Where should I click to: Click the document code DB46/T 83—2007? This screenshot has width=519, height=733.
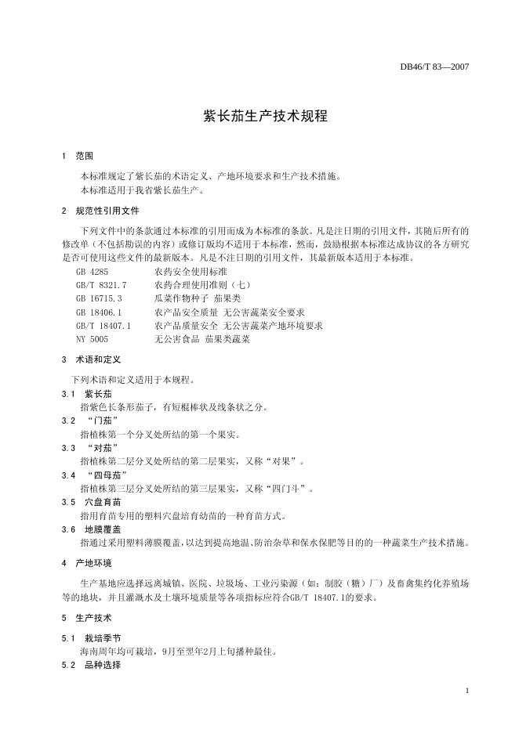click(x=434, y=67)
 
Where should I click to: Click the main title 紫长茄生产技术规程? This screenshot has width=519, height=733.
click(x=259, y=116)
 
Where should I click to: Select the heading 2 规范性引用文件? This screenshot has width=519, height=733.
click(x=100, y=211)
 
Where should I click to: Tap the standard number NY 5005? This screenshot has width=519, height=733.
click(x=93, y=339)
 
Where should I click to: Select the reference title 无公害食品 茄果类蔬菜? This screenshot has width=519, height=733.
click(x=202, y=339)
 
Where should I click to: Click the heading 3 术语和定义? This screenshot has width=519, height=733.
click(x=91, y=360)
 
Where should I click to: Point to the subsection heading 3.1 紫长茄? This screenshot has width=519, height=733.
click(x=87, y=394)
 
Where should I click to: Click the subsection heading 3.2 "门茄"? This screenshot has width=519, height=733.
click(x=93, y=421)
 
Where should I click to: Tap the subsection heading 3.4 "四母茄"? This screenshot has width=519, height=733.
click(x=98, y=475)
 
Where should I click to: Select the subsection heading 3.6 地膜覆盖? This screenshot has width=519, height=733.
click(x=93, y=529)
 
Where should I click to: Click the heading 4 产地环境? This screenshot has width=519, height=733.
click(x=87, y=563)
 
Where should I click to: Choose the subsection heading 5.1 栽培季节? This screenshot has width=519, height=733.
click(x=93, y=638)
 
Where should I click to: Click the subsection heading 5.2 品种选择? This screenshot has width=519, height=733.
click(x=93, y=665)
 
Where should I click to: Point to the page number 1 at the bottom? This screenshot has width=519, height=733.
click(x=466, y=690)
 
